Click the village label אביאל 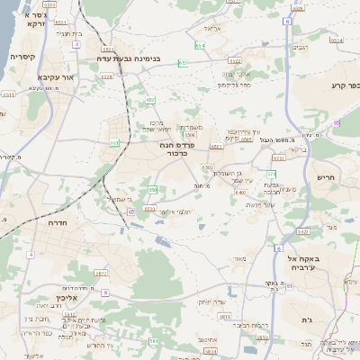[212, 29]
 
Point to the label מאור [238, 259]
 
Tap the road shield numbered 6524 [337, 40]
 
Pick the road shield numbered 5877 [101, 272]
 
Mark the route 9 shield [104, 292]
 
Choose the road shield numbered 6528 [107, 77]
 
